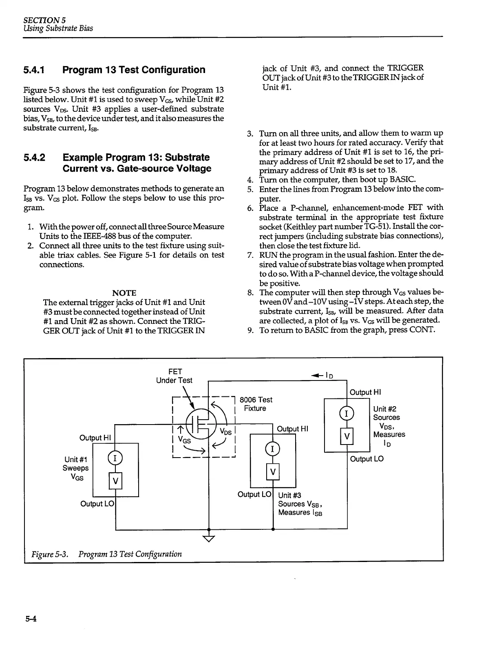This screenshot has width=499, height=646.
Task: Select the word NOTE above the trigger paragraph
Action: (x=124, y=293)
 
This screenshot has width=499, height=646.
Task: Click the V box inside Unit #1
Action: (x=116, y=481)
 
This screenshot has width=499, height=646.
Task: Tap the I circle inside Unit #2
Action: (x=347, y=414)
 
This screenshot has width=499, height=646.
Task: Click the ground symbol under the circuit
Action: (x=209, y=538)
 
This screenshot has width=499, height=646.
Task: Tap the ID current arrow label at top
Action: (x=322, y=375)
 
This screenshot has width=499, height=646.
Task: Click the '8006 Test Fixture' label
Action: (x=256, y=404)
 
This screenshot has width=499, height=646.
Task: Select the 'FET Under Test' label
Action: (x=174, y=376)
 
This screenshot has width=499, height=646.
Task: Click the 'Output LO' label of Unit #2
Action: (x=367, y=459)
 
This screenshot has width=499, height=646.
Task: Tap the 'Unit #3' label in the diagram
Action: (x=289, y=495)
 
